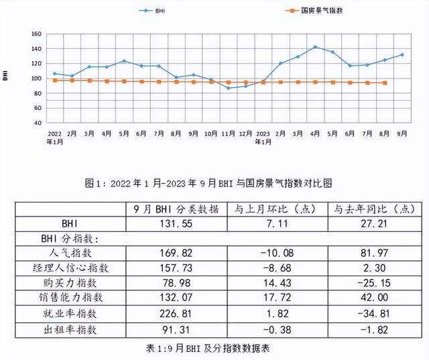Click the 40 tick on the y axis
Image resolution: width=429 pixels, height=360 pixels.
point(38,123)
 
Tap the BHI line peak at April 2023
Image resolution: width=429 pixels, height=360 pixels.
point(315,47)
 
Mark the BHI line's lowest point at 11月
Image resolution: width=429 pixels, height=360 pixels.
point(228,88)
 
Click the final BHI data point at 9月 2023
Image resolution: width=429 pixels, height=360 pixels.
point(402,54)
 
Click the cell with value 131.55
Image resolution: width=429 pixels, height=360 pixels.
point(176,223)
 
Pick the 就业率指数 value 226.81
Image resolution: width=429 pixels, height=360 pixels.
point(176,312)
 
